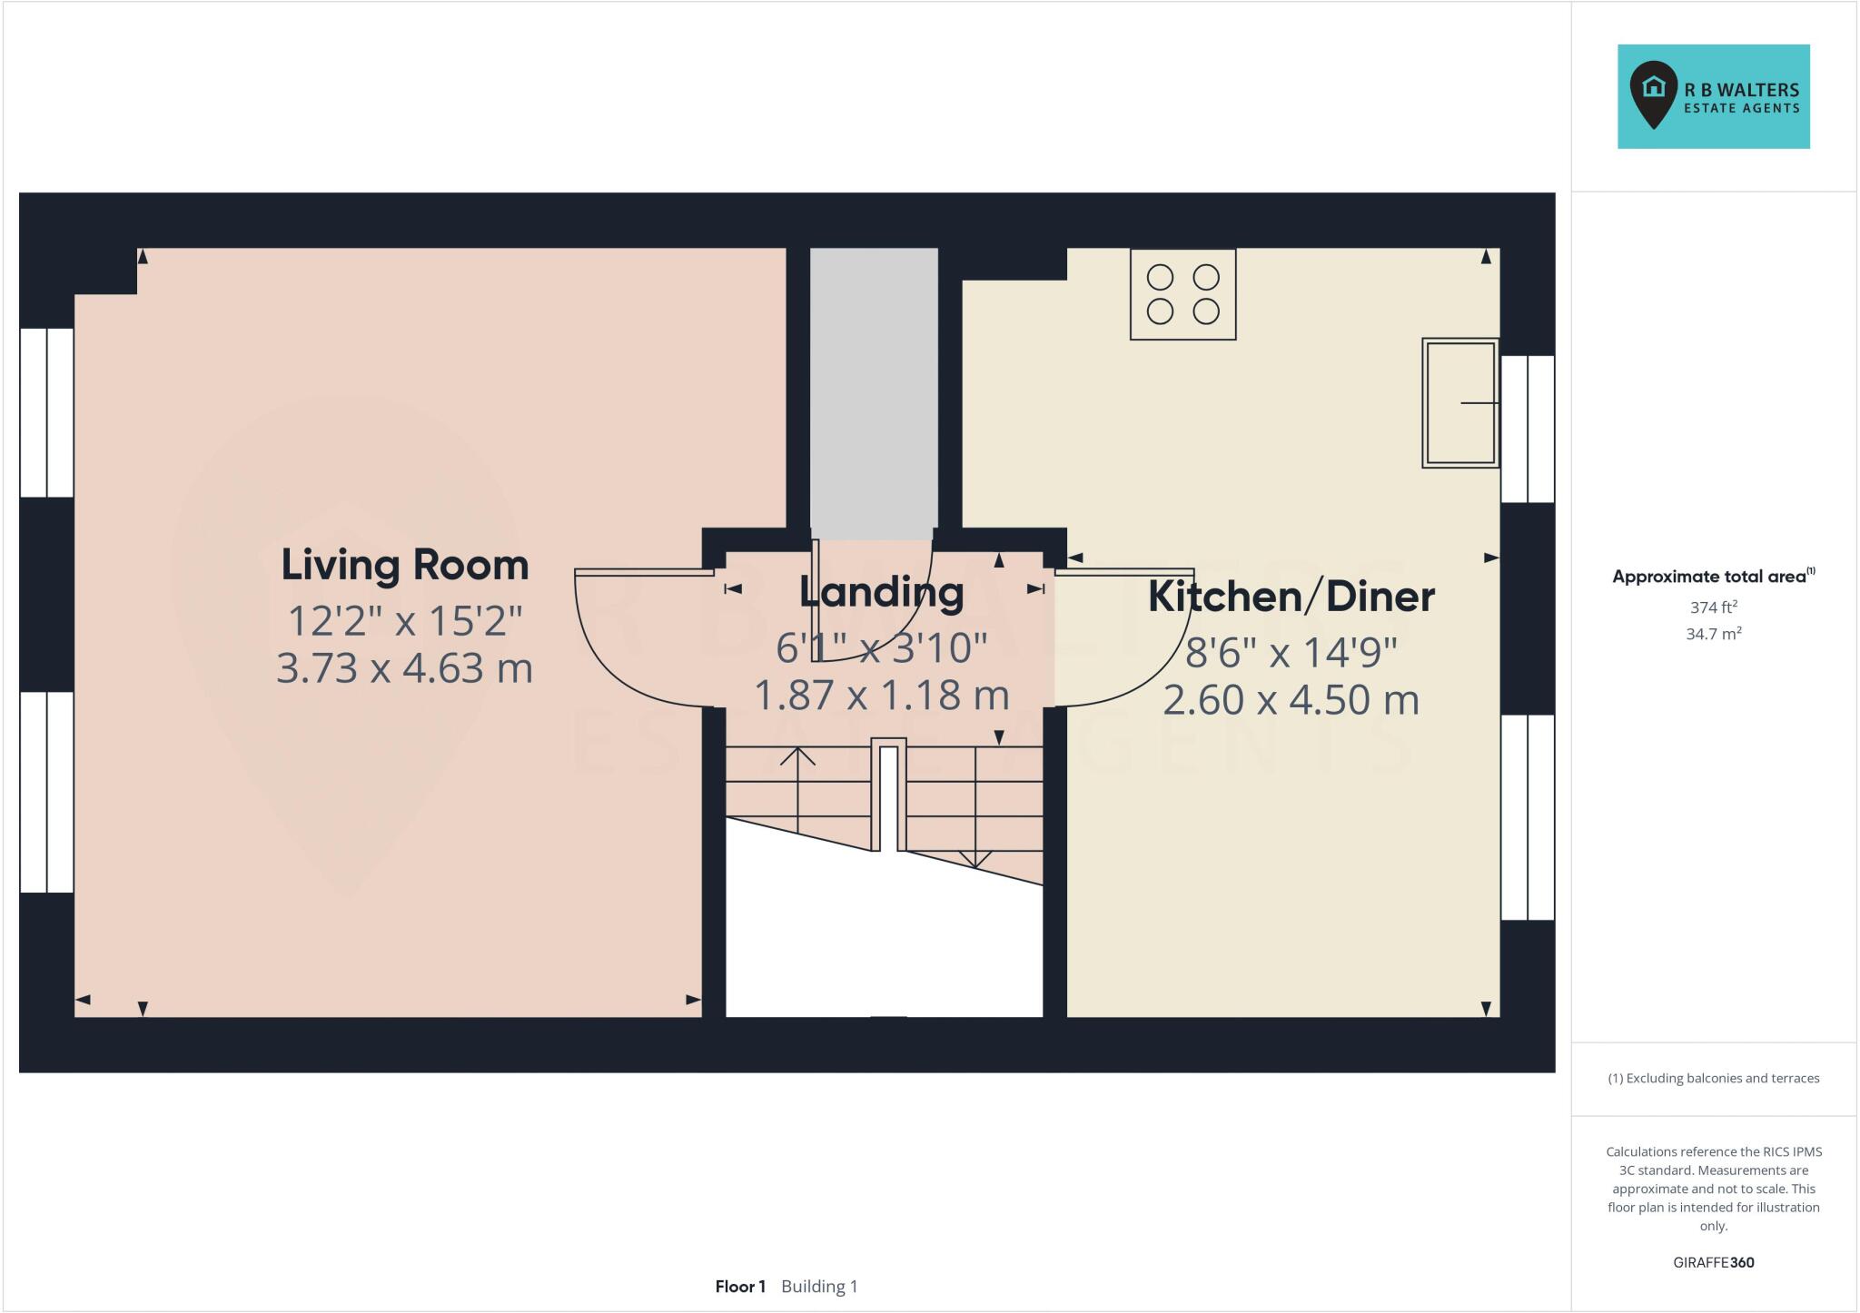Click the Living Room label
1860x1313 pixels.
pyautogui.click(x=404, y=565)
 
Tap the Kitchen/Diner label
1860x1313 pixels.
pyautogui.click(x=1291, y=597)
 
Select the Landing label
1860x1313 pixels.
pyautogui.click(x=881, y=592)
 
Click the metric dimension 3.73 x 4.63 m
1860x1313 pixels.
pyautogui.click(x=404, y=668)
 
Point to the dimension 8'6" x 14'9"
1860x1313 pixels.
pyautogui.click(x=1291, y=651)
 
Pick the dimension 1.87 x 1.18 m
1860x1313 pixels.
pyautogui.click(x=881, y=696)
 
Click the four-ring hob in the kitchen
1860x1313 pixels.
pyautogui.click(x=1182, y=294)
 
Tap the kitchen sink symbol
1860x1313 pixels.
pyautogui.click(x=1459, y=403)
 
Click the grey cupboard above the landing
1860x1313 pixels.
pyautogui.click(x=873, y=390)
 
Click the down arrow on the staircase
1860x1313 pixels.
pyautogui.click(x=975, y=858)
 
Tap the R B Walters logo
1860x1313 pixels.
pyautogui.click(x=1713, y=96)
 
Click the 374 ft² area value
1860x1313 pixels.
pyautogui.click(x=1713, y=607)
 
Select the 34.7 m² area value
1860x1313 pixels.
pyautogui.click(x=1713, y=634)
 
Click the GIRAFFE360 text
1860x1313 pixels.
pyautogui.click(x=1713, y=1262)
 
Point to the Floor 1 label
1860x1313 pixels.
pyautogui.click(x=740, y=1286)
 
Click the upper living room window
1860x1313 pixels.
pyautogui.click(x=46, y=412)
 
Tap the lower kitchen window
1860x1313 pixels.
pyautogui.click(x=1528, y=817)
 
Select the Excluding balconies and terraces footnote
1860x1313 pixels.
pyautogui.click(x=1713, y=1078)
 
